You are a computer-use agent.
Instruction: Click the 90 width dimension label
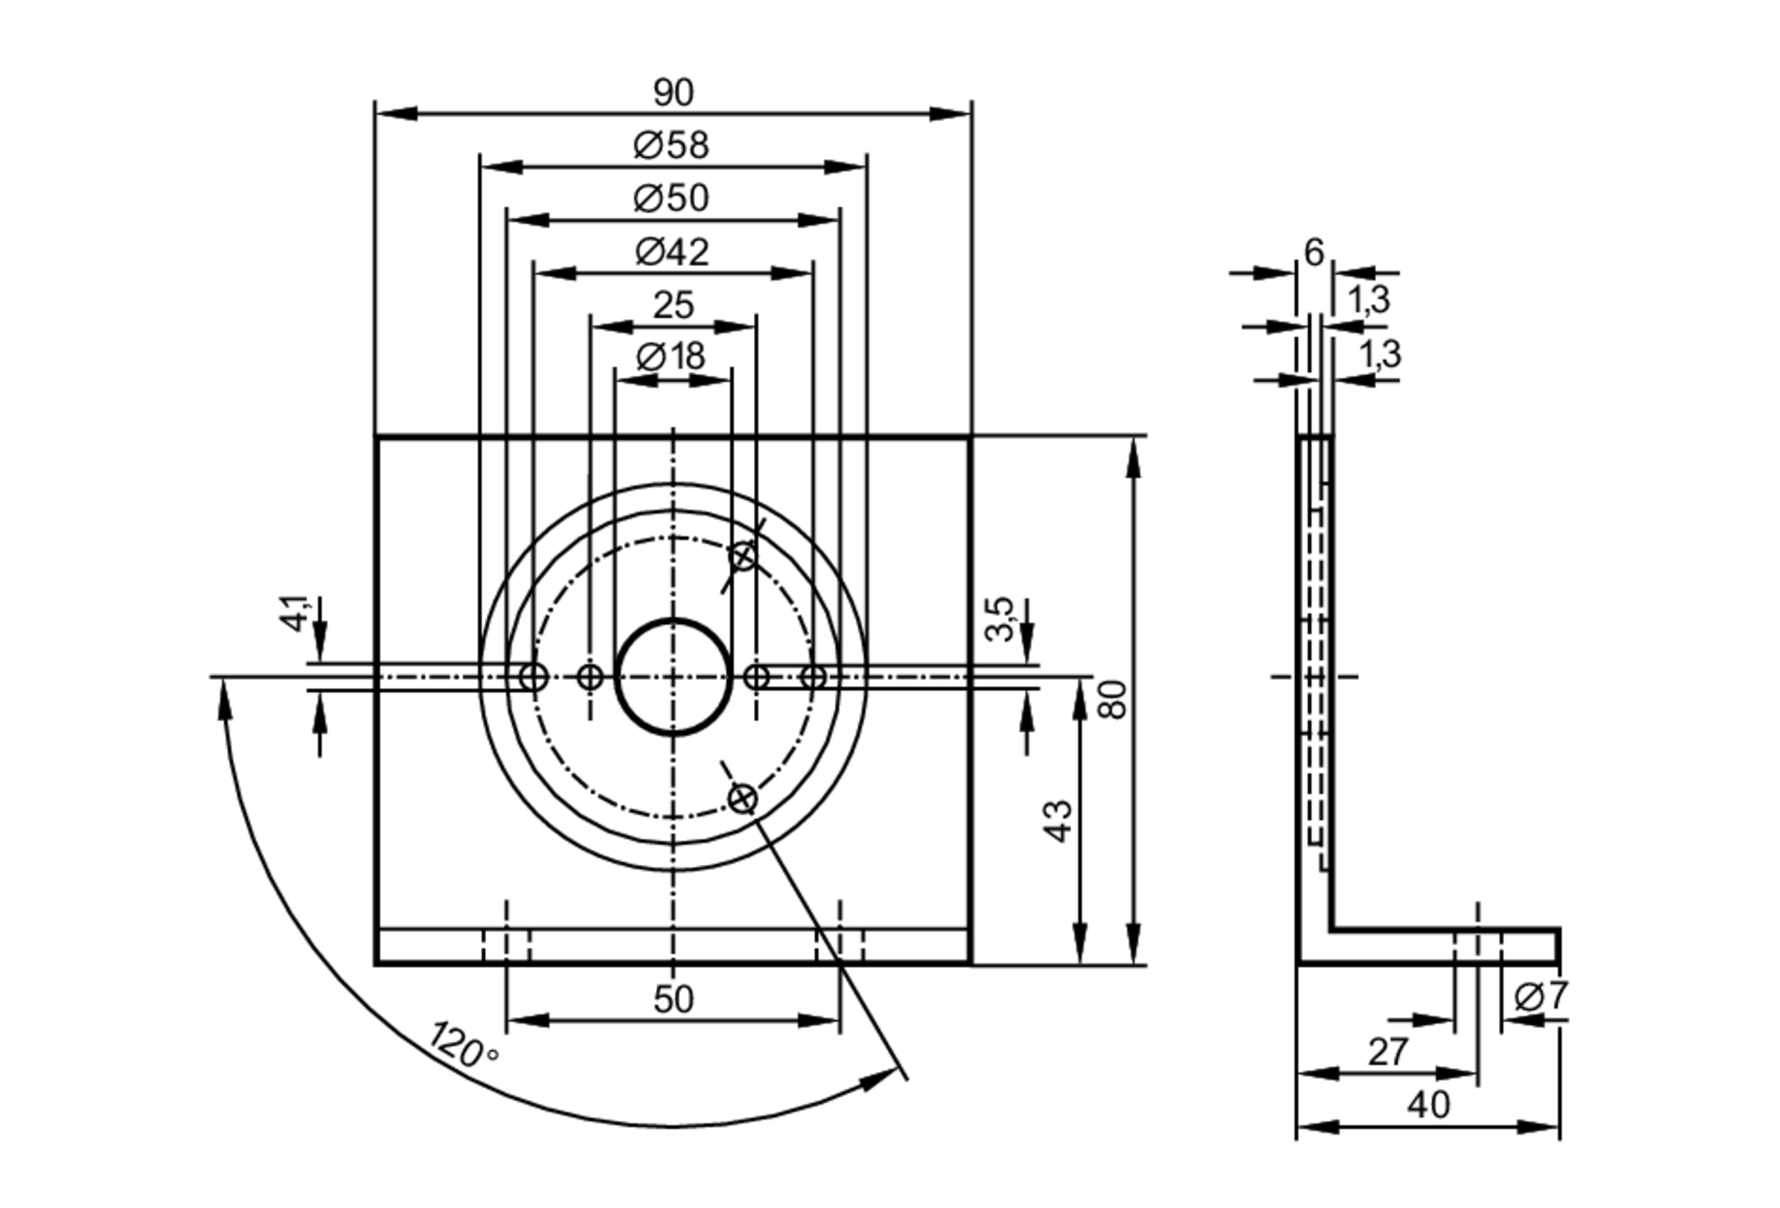coord(673,93)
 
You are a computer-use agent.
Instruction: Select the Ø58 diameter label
coord(671,145)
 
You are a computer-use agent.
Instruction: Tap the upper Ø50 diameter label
coord(671,198)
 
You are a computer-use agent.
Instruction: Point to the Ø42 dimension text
coord(672,252)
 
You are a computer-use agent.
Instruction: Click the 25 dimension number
coord(673,305)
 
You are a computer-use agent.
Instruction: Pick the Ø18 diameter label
coord(671,357)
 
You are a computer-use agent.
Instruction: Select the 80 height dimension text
coord(1113,699)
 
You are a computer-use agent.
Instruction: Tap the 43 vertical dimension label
coord(1059,821)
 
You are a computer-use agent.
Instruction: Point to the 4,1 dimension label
coord(295,612)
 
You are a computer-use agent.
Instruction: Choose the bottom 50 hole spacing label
coord(673,1000)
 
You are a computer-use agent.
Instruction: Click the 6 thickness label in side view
coord(1314,253)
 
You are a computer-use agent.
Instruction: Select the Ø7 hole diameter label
coord(1541,996)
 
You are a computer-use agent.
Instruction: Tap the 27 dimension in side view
coord(1388,1052)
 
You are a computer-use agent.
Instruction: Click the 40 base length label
coord(1428,1105)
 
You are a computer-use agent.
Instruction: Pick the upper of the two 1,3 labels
coord(1369,300)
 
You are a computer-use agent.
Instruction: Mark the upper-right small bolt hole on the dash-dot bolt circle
coord(742,557)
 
